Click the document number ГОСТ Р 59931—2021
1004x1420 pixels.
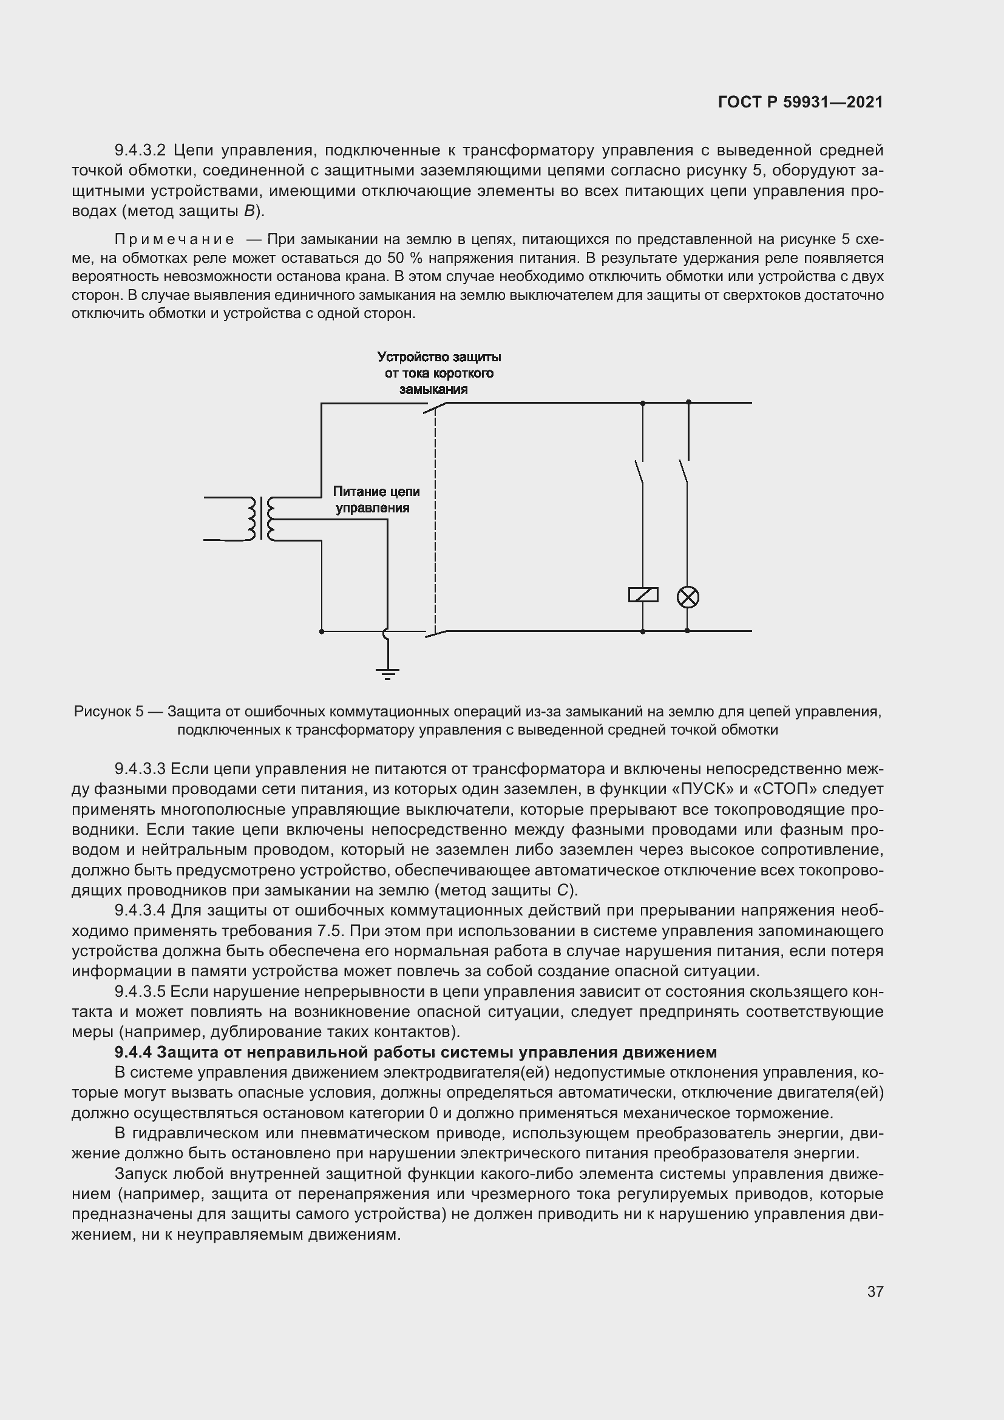(800, 102)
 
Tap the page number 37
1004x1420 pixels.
(875, 1291)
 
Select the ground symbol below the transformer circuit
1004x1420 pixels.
(387, 672)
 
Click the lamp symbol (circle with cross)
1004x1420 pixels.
(688, 597)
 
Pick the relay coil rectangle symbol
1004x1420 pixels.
(643, 595)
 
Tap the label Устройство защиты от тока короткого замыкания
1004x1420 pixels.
(439, 373)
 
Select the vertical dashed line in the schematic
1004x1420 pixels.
(435, 520)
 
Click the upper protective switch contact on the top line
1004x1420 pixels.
(435, 408)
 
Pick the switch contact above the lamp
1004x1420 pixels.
(683, 471)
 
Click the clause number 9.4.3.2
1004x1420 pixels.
(140, 151)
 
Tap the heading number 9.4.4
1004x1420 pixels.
(133, 1052)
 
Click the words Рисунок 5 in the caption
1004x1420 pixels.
(108, 712)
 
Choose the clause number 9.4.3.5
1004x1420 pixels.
(140, 991)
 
